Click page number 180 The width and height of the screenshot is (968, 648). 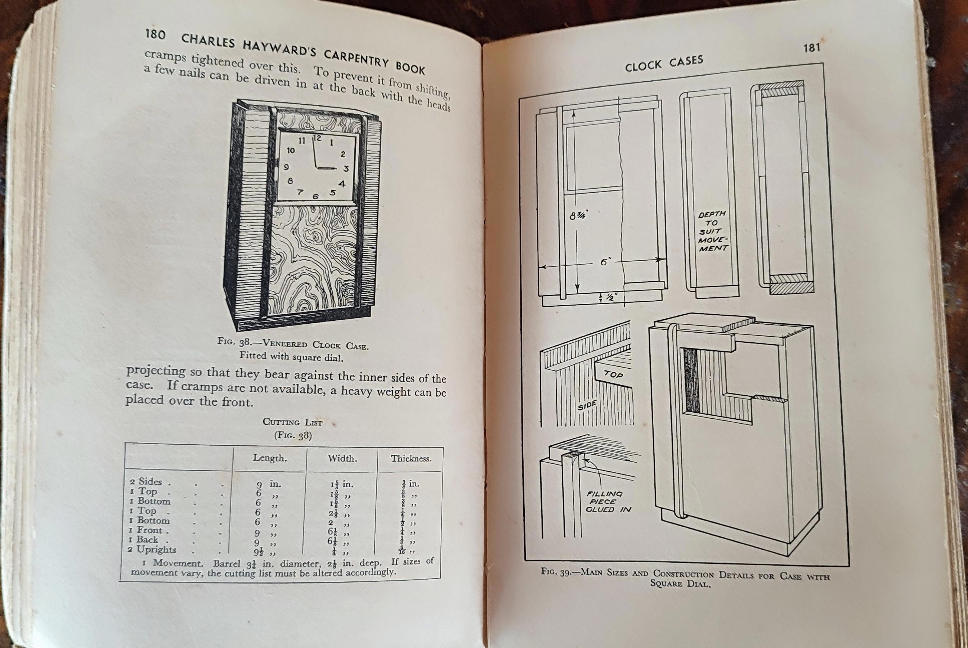(x=156, y=35)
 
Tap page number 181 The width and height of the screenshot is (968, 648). (x=812, y=48)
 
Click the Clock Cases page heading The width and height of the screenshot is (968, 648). (x=664, y=63)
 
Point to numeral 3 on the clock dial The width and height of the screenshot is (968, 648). (x=346, y=168)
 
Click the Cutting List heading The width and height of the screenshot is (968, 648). (x=293, y=422)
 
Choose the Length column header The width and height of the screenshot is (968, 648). (x=270, y=458)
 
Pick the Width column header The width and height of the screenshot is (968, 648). (x=342, y=458)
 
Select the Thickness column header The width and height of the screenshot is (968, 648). (x=411, y=459)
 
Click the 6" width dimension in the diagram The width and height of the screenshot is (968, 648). (x=605, y=262)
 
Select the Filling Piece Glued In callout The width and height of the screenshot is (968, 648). (x=608, y=501)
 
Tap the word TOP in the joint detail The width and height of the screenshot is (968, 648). (x=613, y=374)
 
